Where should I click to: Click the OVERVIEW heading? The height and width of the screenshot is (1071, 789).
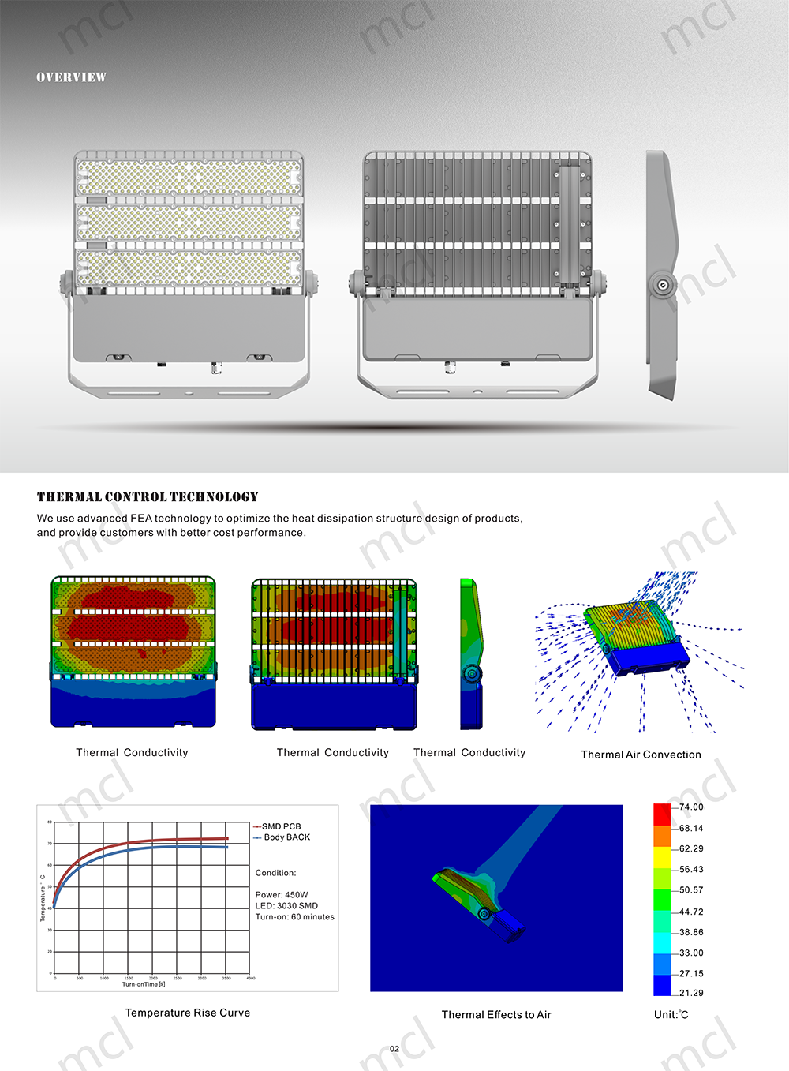[x=71, y=77]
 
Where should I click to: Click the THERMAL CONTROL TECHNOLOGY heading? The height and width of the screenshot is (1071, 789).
[x=148, y=497]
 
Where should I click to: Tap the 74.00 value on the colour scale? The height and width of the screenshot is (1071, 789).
[x=690, y=807]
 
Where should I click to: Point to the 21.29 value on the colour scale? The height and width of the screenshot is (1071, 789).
[x=690, y=993]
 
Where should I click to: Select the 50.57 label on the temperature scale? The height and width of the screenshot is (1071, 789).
[x=690, y=890]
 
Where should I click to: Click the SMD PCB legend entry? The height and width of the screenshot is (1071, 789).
[x=281, y=826]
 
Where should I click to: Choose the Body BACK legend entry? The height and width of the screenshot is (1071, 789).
[x=286, y=837]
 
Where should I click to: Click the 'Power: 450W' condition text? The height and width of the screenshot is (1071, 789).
[x=282, y=895]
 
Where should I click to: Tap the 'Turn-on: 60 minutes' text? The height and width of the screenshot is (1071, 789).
[x=294, y=917]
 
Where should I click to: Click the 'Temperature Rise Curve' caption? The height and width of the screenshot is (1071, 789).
[x=188, y=1013]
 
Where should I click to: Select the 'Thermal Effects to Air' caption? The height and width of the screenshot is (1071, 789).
[x=496, y=1015]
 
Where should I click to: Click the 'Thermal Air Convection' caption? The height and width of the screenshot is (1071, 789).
[x=641, y=755]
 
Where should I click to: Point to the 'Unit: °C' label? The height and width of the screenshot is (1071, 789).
[x=671, y=1015]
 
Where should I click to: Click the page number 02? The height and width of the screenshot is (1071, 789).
[x=394, y=1049]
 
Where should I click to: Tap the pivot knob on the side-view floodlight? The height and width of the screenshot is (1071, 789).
[x=661, y=284]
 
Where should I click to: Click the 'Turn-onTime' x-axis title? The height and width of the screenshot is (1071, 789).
[x=144, y=984]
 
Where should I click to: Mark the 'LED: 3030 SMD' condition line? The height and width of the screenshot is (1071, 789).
[x=286, y=906]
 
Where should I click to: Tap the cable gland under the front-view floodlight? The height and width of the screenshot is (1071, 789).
[x=214, y=367]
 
